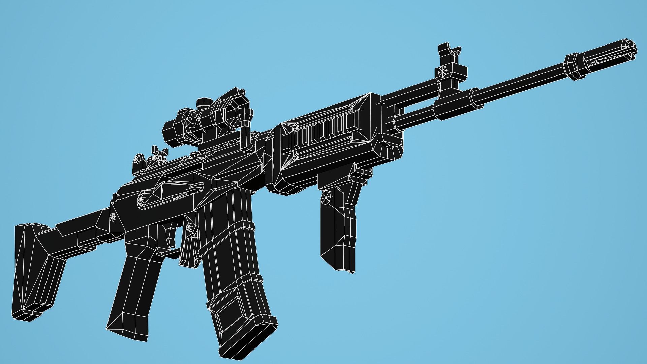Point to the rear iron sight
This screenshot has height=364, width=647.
point(158,153)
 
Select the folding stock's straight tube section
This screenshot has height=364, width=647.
point(78,229)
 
